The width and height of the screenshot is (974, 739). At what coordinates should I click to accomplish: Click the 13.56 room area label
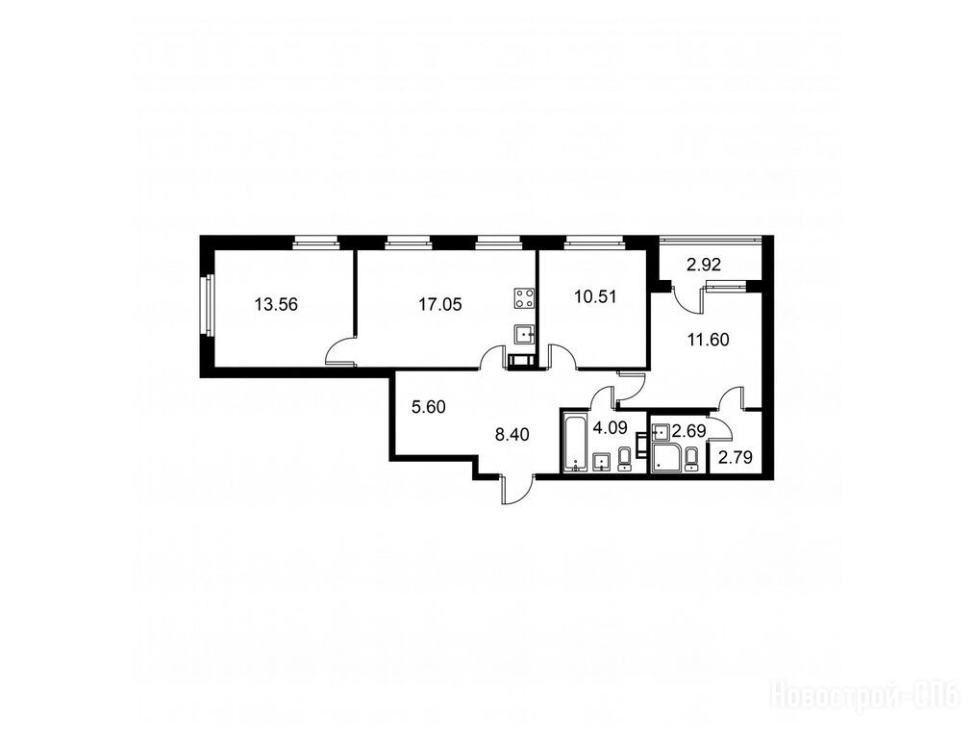(x=276, y=305)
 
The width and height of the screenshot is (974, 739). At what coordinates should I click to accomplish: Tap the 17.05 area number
(x=439, y=305)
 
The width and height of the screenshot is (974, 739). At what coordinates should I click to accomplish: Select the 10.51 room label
(x=595, y=296)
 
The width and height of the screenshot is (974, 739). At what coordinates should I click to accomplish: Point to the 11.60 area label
(x=708, y=340)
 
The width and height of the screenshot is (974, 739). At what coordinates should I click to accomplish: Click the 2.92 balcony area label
(x=704, y=266)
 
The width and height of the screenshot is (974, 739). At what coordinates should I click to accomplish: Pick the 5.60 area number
(x=429, y=407)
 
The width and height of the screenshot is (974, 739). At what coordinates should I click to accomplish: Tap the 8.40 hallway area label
(x=512, y=434)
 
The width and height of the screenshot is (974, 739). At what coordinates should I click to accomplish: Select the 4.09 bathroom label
(x=609, y=428)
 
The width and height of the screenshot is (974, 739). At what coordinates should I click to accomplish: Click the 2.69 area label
(x=688, y=431)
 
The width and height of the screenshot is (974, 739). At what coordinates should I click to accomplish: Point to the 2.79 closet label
(x=736, y=458)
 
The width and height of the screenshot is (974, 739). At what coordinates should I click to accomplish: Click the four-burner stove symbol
(x=525, y=297)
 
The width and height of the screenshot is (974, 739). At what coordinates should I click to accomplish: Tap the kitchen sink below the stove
(x=525, y=336)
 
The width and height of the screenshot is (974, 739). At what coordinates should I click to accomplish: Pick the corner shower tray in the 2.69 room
(x=667, y=458)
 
